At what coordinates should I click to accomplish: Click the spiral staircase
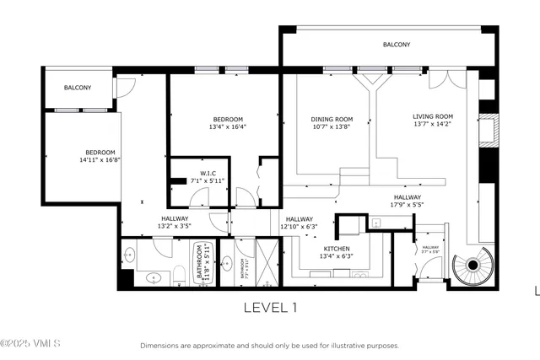tap(472, 266)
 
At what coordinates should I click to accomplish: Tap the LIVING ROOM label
tap(433, 117)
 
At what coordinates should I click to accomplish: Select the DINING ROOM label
tap(332, 120)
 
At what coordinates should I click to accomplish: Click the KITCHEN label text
tap(336, 250)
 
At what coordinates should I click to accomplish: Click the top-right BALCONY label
tap(396, 45)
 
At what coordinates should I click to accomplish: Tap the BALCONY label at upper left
tap(78, 88)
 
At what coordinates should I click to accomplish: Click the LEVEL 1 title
tap(270, 308)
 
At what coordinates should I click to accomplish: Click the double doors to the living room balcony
tap(441, 80)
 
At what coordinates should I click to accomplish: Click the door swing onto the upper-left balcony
tap(124, 87)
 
